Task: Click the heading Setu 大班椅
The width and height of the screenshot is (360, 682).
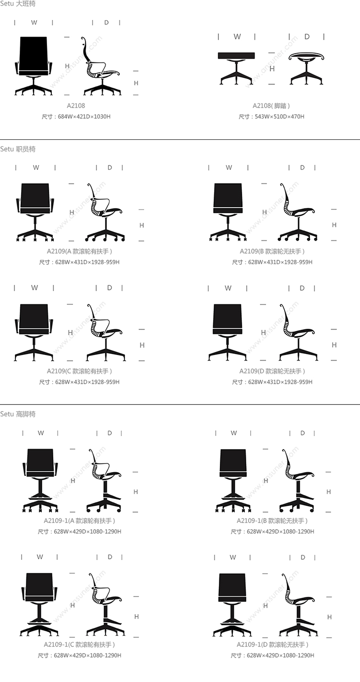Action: point(18,4)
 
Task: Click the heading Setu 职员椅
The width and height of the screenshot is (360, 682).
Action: point(18,149)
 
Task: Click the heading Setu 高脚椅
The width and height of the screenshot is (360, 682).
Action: point(18,414)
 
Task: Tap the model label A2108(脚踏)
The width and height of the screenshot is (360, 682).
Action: point(271,106)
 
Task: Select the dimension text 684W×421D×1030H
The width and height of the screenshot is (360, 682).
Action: point(84,117)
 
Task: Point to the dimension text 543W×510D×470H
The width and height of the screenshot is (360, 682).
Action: point(279,117)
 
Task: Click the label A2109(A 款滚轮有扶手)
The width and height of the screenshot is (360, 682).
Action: point(79,251)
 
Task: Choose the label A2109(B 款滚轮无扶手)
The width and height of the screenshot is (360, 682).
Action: point(272,251)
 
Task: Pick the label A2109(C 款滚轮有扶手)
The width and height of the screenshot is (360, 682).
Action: point(79,371)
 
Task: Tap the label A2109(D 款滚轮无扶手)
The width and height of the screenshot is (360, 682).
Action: point(272,371)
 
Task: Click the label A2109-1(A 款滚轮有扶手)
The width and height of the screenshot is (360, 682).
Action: point(79,521)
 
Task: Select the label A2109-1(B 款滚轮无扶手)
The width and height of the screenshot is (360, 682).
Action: point(272,521)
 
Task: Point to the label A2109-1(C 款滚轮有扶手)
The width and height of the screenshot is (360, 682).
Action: point(79,645)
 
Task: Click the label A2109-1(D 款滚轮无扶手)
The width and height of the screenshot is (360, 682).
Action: point(272,645)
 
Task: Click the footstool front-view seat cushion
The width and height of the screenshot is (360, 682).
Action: point(236,55)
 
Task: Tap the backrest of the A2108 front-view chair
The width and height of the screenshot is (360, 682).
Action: point(34,54)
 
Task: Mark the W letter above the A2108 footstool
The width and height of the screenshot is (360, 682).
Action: point(237,37)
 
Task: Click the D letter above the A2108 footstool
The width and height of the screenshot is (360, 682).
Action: point(307,37)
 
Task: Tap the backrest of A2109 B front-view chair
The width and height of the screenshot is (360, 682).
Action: point(228,195)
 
